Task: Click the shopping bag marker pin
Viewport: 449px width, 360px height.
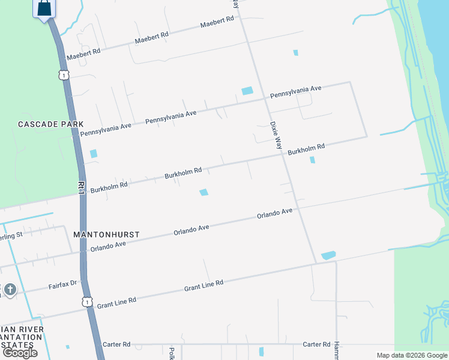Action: pos(44,8)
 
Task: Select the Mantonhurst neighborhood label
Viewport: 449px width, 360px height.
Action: pos(106,233)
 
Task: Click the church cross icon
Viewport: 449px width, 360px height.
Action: pos(9,290)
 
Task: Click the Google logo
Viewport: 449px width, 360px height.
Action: pos(20,353)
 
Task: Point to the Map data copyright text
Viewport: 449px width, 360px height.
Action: pos(412,355)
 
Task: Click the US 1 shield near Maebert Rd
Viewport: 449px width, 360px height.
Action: pos(64,74)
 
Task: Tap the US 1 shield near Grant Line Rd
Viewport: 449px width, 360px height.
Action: pos(88,301)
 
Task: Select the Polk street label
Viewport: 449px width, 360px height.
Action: pos(172,353)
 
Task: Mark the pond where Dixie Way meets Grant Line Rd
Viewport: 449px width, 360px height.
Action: pos(328,256)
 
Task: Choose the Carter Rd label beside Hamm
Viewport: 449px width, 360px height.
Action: pos(317,344)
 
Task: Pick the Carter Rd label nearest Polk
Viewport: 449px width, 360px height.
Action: pos(116,344)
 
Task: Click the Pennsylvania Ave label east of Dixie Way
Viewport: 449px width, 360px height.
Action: pos(296,92)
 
